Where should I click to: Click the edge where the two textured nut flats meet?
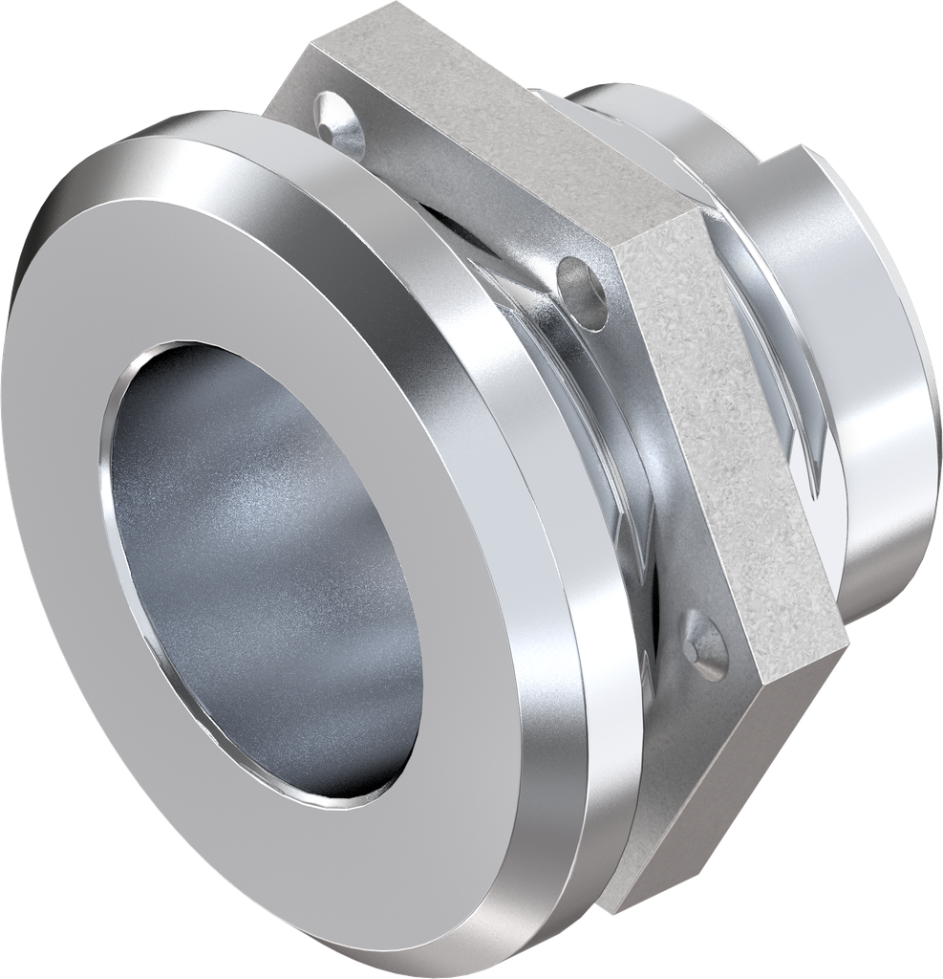[659, 239]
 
